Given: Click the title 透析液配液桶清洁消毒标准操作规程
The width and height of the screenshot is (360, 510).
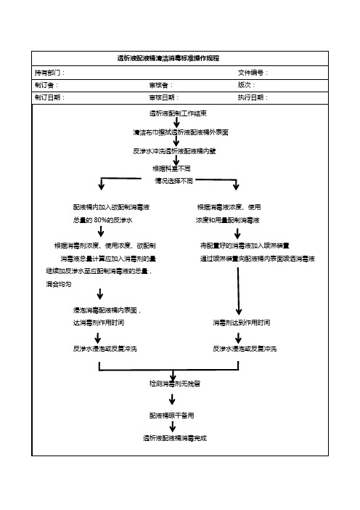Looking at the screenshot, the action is [x=168, y=58].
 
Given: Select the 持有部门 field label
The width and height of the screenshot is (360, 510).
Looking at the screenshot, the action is [x=47, y=73].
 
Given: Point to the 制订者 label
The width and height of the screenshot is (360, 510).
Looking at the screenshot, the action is [x=44, y=85].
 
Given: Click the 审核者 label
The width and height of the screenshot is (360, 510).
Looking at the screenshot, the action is [x=158, y=85].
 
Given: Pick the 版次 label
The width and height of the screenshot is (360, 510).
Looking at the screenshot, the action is [x=245, y=85].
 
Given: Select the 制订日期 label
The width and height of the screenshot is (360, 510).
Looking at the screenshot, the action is [x=47, y=97].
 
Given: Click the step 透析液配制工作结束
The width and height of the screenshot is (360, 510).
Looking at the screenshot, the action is [x=178, y=113].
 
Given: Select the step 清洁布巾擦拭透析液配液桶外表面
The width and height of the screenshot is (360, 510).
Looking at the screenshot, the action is [x=181, y=132].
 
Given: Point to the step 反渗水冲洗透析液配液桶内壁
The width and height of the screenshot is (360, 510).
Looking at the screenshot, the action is [x=174, y=151].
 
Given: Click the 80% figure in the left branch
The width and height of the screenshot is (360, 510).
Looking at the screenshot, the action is [x=100, y=220].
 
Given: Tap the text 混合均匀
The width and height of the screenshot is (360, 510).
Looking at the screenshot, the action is [x=59, y=284].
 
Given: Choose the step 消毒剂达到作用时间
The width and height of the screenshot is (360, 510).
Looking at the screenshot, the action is [x=242, y=323].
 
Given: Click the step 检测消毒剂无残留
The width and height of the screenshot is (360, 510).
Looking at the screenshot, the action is [x=174, y=384].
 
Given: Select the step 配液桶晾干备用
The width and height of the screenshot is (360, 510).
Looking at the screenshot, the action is [x=171, y=416].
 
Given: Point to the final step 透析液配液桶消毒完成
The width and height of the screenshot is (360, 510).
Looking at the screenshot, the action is [x=175, y=438].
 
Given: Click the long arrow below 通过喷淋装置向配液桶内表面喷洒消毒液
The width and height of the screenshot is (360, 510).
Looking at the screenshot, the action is [x=239, y=291].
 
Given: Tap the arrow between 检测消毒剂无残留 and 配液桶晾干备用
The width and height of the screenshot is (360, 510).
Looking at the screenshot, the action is [x=172, y=399].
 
